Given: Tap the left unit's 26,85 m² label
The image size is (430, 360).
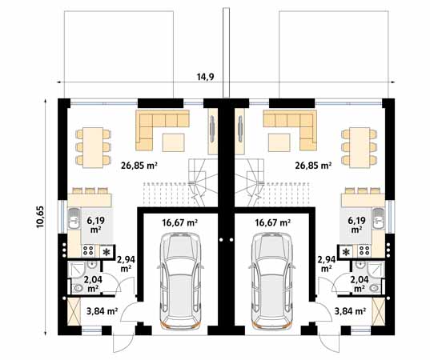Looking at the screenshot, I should pos(139,166).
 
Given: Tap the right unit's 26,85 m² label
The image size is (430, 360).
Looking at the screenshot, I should pos(312,166).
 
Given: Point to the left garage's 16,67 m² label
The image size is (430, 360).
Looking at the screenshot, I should pos(181,223).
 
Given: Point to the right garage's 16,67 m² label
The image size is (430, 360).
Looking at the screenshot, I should pos(272,223).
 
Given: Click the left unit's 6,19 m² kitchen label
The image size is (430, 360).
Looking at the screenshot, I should pos(96,223).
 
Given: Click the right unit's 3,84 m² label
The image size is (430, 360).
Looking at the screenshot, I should pos(350,311).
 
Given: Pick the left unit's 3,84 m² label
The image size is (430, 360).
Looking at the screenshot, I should pos(102,311).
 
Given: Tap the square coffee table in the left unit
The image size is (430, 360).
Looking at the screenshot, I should pos(174,142).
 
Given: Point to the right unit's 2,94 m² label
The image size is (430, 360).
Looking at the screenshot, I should pos(325,264).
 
